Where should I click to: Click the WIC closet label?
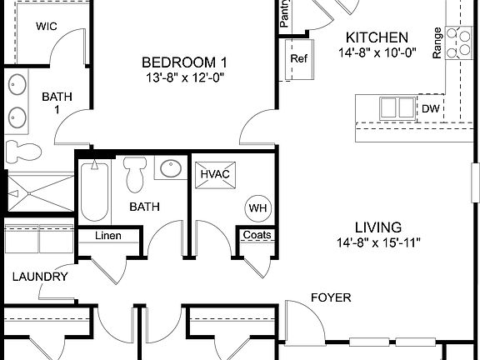click(47, 26)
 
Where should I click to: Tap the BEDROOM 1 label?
click(184, 62)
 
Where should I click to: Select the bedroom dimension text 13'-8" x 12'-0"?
click(184, 77)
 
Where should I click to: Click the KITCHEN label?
click(377, 37)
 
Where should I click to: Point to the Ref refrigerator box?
click(299, 59)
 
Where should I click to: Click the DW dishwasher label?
click(431, 108)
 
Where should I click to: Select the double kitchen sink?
click(396, 107)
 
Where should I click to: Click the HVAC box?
click(214, 174)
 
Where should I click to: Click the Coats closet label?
click(256, 235)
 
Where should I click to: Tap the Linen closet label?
click(107, 236)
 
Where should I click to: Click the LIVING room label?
click(378, 227)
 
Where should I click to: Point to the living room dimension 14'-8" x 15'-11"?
click(378, 243)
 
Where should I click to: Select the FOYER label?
click(331, 297)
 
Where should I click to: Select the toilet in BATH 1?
click(24, 152)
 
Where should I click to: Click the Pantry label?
click(285, 14)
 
